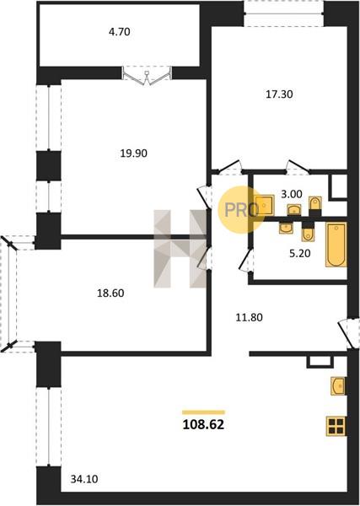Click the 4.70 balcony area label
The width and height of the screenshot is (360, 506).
click(120, 32)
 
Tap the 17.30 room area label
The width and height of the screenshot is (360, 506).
click(279, 94)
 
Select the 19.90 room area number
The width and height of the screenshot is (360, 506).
click(133, 153)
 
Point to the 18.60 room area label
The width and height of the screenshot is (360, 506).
click(110, 293)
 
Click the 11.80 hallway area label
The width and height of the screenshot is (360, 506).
click(249, 318)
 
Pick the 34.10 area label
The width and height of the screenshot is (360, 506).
click(84, 479)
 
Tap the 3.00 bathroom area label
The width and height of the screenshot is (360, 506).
click(292, 194)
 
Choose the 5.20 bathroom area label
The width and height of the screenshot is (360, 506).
click(300, 254)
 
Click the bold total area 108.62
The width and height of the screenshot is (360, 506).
click(203, 425)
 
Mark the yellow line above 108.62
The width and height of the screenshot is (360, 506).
click(203, 412)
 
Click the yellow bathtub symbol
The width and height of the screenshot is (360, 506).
click(336, 245)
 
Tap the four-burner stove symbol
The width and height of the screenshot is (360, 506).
click(336, 426)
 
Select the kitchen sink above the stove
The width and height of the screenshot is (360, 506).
click(338, 386)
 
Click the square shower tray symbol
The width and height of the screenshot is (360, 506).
click(264, 205)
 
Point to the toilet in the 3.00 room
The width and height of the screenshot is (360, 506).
click(314, 203)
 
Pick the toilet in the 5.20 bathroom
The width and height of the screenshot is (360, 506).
click(309, 233)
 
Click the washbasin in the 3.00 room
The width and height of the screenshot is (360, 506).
click(294, 210)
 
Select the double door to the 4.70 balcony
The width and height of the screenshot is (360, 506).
click(147, 77)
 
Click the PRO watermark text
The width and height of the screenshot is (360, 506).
click(241, 210)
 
